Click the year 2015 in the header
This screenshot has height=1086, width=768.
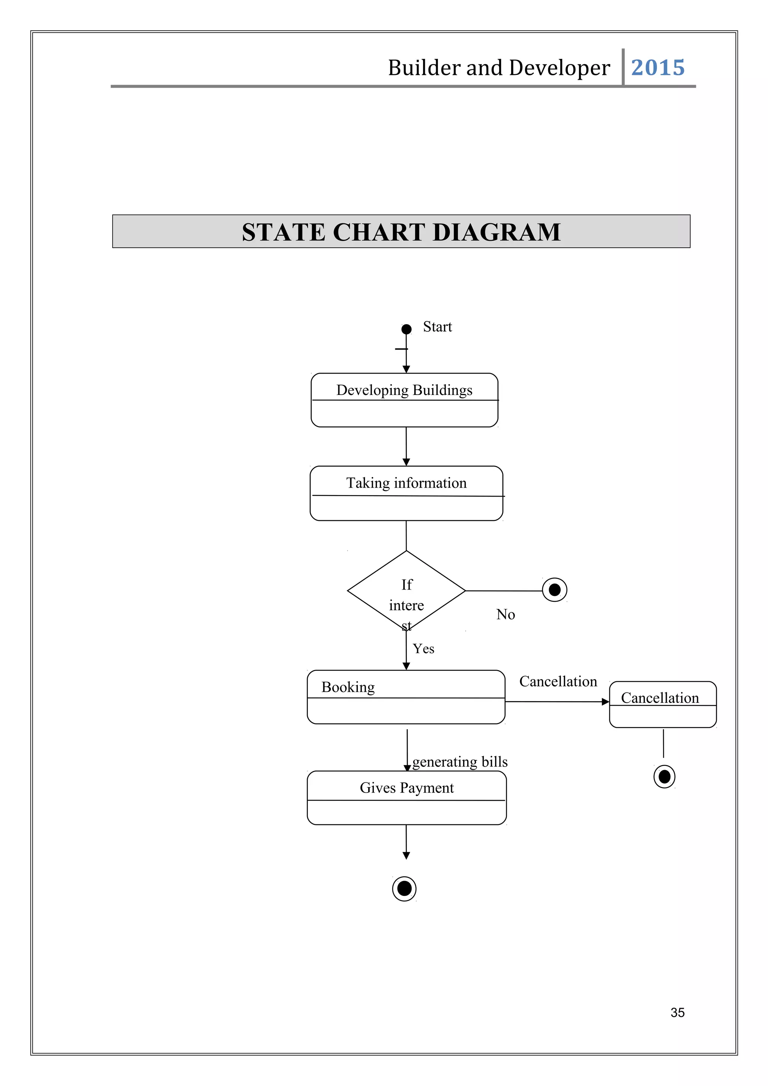[657, 67]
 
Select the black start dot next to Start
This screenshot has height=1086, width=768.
[406, 329]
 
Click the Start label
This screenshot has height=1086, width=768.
[437, 327]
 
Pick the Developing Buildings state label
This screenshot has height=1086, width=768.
[404, 390]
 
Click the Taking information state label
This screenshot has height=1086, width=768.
[406, 483]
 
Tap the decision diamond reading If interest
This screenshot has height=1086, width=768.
[406, 591]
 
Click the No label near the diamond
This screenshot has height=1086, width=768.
[505, 615]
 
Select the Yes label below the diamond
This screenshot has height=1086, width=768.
[423, 649]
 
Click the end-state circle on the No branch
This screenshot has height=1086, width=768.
[555, 590]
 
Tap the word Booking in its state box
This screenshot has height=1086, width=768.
[348, 687]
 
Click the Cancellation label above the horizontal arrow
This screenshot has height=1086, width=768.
[558, 682]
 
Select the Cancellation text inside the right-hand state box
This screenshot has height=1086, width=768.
[660, 698]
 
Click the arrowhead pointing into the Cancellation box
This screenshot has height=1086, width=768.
[605, 702]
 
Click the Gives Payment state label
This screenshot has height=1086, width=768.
[406, 788]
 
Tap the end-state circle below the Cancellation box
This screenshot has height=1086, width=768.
[664, 777]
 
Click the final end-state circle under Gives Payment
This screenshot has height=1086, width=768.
[404, 889]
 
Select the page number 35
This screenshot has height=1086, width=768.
[677, 1013]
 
